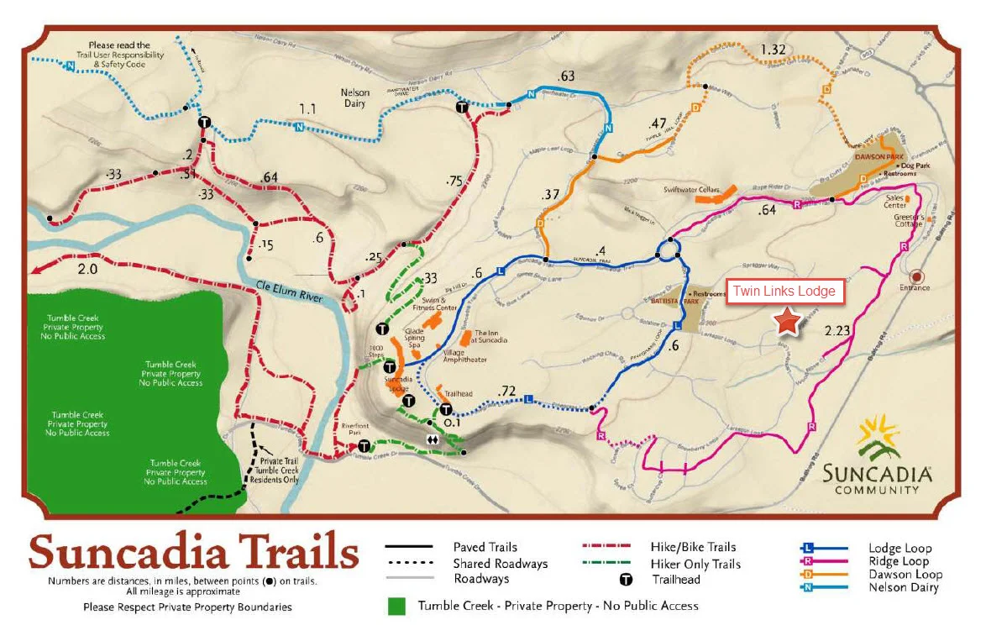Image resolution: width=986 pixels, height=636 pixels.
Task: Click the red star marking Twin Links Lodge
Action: click(787, 321)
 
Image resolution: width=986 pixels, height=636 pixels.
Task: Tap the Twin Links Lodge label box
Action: click(784, 292)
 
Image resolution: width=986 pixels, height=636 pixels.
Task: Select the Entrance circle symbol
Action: click(915, 276)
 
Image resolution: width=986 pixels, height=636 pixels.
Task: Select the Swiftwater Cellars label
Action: click(691, 190)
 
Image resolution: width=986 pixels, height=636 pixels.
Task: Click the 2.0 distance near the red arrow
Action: click(87, 270)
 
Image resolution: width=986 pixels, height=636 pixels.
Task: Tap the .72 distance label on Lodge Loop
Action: click(506, 391)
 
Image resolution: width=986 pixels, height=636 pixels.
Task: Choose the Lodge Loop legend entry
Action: click(899, 549)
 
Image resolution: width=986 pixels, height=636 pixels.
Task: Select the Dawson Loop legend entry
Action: click(905, 575)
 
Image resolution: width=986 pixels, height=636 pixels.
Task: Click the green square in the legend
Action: click(396, 606)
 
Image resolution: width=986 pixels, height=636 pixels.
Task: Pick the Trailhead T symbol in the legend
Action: click(625, 580)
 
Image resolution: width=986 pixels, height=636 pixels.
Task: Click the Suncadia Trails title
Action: click(194, 553)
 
